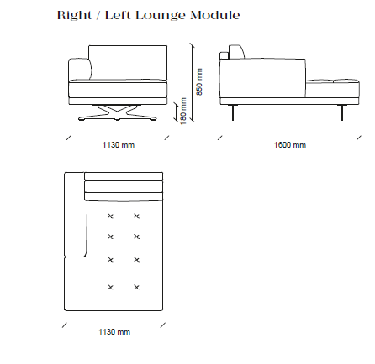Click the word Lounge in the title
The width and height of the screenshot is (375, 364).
click(160, 16)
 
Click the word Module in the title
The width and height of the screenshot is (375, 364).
click(215, 15)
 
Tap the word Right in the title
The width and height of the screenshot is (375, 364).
click(74, 16)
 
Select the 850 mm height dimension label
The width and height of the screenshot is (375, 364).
click(199, 81)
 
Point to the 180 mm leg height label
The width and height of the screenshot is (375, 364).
click(183, 111)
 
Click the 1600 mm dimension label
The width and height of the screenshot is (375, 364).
click(290, 145)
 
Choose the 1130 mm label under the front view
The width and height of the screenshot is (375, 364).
click(119, 145)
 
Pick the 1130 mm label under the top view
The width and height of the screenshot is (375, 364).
click(114, 332)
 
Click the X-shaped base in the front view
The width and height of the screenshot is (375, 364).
click(117, 112)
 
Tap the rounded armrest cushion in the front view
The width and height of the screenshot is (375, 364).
click(80, 69)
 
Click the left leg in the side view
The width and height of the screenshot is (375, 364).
click(233, 112)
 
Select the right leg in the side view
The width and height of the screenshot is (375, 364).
click(342, 112)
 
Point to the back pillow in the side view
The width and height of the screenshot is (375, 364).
click(237, 52)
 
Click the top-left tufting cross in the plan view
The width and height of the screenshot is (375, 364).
click(110, 216)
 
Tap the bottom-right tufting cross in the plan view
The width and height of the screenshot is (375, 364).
click(136, 287)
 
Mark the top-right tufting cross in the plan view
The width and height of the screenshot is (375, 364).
click(136, 216)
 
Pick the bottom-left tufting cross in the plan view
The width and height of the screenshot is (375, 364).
click(110, 287)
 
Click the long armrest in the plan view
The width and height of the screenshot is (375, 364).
click(75, 215)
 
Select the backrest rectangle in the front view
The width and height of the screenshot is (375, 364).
click(128, 63)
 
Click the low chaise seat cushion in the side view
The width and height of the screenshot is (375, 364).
click(332, 89)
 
